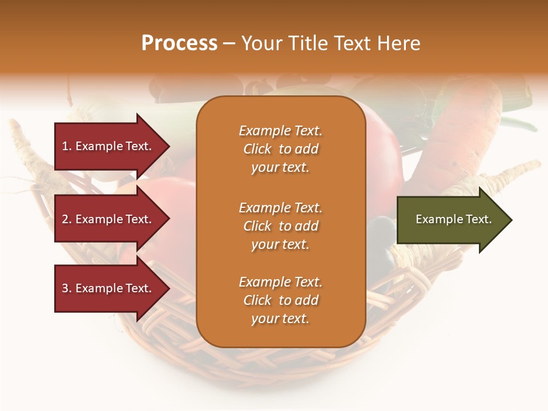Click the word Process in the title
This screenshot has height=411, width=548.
pyautogui.click(x=179, y=43)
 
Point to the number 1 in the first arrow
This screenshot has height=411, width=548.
pyautogui.click(x=65, y=146)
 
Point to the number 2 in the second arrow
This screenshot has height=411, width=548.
pyautogui.click(x=66, y=219)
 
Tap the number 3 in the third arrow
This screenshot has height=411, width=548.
pyautogui.click(x=66, y=288)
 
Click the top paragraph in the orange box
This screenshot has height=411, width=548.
pyautogui.click(x=280, y=149)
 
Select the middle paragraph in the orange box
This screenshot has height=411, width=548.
pyautogui.click(x=280, y=226)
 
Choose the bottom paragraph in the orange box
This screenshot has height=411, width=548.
pyautogui.click(x=280, y=300)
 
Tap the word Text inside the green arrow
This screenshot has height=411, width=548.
pyautogui.click(x=479, y=219)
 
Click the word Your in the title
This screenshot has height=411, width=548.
pyautogui.click(x=260, y=43)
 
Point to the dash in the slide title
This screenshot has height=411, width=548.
pyautogui.click(x=229, y=44)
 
